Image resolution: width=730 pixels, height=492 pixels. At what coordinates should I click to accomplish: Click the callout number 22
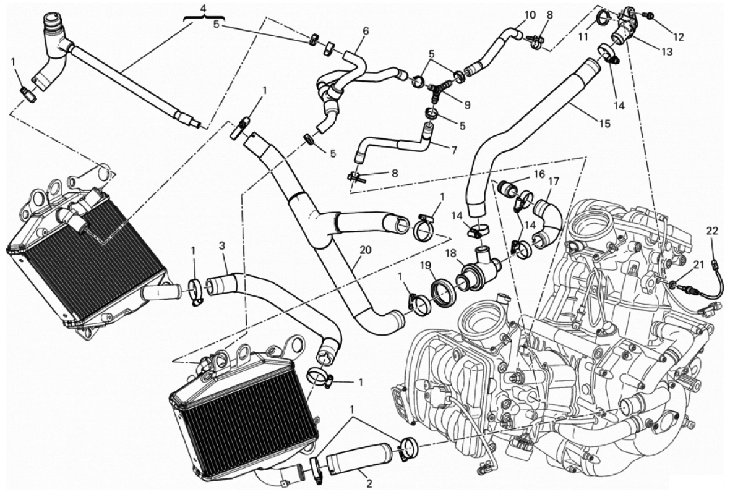712,231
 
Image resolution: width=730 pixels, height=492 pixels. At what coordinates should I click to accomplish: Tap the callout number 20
366,250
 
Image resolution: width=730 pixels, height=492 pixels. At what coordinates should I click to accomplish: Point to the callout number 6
366,31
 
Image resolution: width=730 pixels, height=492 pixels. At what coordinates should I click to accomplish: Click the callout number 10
530,14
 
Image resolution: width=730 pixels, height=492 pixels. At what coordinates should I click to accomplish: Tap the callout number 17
554,181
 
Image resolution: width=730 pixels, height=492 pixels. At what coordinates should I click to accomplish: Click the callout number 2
369,484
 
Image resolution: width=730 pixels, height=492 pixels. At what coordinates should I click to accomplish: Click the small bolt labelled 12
650,17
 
